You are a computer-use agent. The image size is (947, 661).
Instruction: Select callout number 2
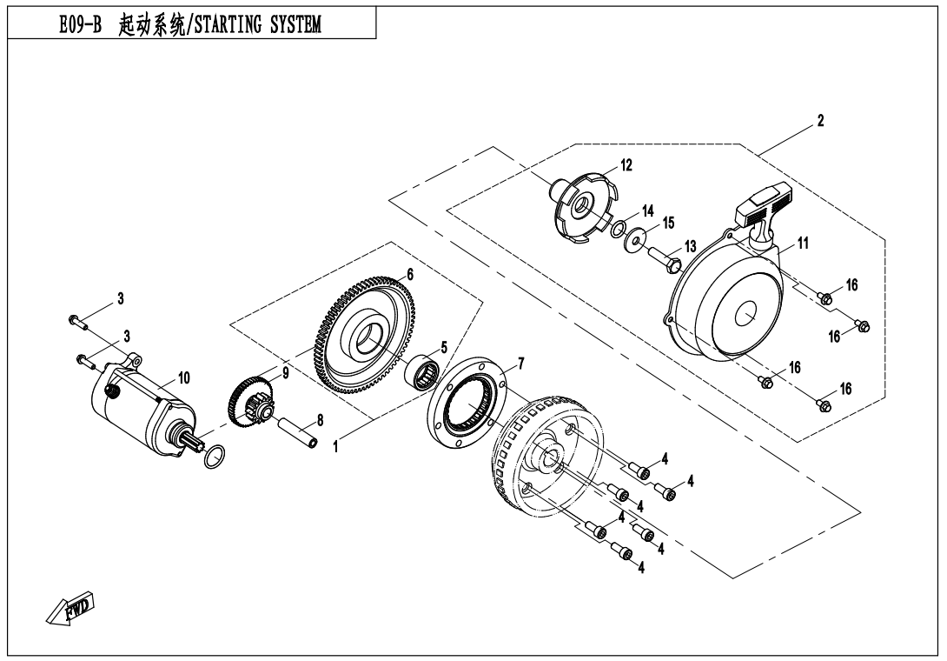pos(820,120)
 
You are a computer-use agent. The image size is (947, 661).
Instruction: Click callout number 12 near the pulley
pos(626,164)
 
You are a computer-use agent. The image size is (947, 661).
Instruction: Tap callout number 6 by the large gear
pos(409,273)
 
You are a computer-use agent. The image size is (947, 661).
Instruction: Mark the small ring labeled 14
pos(618,230)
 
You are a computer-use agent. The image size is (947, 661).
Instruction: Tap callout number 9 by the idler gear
pos(285,372)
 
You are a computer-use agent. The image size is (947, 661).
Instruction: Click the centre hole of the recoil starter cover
pos(745,316)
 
